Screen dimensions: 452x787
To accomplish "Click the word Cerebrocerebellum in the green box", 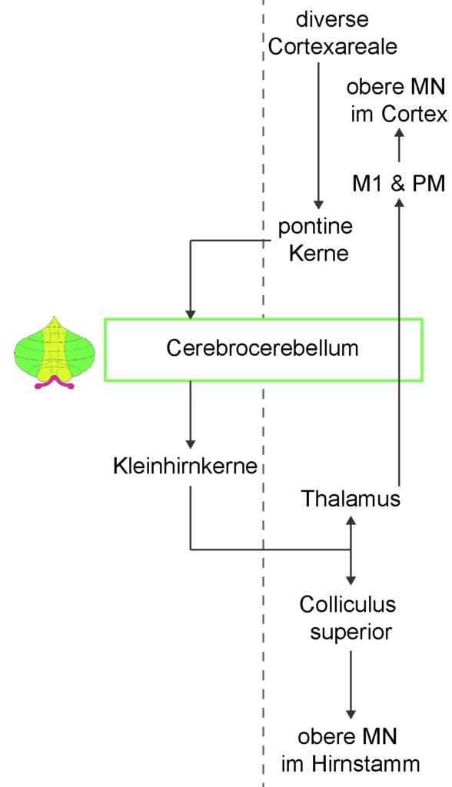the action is [262, 348].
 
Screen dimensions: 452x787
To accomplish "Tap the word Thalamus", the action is [351, 499].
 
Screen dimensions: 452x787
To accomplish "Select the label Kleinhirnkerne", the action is [185, 467].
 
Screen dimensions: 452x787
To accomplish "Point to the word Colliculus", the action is [347, 604].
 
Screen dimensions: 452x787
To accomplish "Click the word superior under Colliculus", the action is [351, 633].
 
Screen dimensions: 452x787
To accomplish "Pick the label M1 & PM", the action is [399, 183].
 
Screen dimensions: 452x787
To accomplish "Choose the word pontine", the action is [315, 227].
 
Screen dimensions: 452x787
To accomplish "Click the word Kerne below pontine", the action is [319, 253].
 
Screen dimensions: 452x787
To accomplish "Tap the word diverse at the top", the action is [333, 19].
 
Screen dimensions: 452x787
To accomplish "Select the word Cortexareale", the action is [333, 47].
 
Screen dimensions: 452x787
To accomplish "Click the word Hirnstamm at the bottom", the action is [366, 764].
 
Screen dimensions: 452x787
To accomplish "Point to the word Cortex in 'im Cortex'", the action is [414, 115].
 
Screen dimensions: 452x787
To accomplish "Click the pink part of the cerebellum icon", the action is [55, 384].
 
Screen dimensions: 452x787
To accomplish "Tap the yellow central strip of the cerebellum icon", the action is [55, 349].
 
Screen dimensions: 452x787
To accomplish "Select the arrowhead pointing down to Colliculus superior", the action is [351, 579].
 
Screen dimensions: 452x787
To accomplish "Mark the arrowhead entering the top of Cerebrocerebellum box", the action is [191, 313].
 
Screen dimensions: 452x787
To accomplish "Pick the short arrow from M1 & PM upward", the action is [399, 145].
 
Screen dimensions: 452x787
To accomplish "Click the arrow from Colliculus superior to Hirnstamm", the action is [351, 685].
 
